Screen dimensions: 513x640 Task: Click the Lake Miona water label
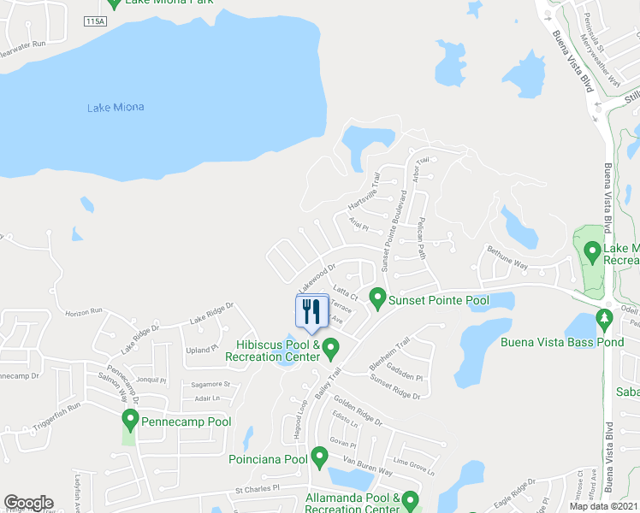tap(116, 108)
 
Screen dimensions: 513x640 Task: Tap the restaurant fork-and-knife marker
tap(311, 311)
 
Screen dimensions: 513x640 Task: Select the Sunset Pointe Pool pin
tap(376, 298)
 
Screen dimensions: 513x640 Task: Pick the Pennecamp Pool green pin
tap(130, 419)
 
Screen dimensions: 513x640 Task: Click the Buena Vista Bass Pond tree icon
tap(605, 318)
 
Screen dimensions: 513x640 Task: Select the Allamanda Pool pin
tap(411, 499)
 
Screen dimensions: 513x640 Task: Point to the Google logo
tap(28, 503)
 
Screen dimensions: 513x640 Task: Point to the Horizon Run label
tap(83, 312)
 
